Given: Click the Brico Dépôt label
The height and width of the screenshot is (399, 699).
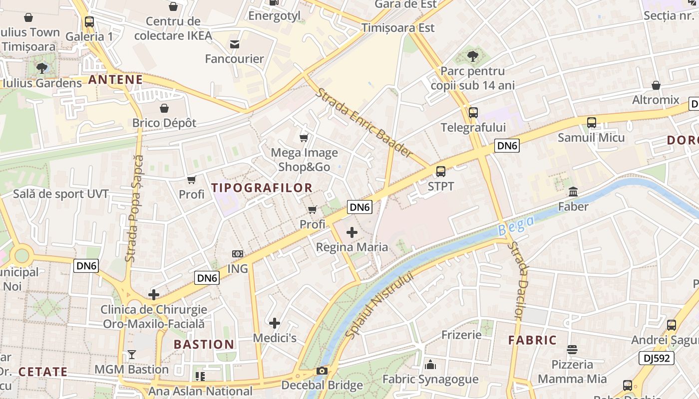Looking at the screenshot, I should pos(164,123).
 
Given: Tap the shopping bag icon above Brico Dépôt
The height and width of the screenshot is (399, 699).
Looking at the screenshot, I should pos(164,108).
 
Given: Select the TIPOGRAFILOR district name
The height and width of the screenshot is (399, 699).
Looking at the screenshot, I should pos(262,188).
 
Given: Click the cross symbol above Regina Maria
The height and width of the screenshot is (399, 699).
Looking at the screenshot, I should pos(352,232).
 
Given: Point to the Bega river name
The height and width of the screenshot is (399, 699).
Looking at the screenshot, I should pos(516,226).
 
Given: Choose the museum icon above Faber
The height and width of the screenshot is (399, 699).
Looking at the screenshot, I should pos(573,192).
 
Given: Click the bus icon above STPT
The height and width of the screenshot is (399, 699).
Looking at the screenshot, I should pos(441,172).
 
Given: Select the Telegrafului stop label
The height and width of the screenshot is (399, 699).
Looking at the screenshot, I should pos(473,128).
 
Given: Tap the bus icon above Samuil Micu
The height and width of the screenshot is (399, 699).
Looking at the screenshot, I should pos(592,122).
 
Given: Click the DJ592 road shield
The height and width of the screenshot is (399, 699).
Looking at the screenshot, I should pos(656,358).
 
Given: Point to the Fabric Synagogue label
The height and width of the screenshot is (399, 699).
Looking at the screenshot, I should pos(430,380).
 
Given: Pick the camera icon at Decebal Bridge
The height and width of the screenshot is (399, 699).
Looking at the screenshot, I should pos(322,371).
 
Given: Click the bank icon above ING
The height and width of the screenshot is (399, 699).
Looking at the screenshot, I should pos(238,254).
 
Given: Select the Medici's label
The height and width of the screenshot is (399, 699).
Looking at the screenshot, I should pos(275,338).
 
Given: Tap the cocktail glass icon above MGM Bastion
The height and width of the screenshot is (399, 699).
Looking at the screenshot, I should pos(132,355).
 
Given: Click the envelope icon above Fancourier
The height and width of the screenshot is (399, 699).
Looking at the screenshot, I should pos(235,44).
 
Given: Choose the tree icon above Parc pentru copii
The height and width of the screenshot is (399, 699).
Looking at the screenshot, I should pos(473,56).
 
